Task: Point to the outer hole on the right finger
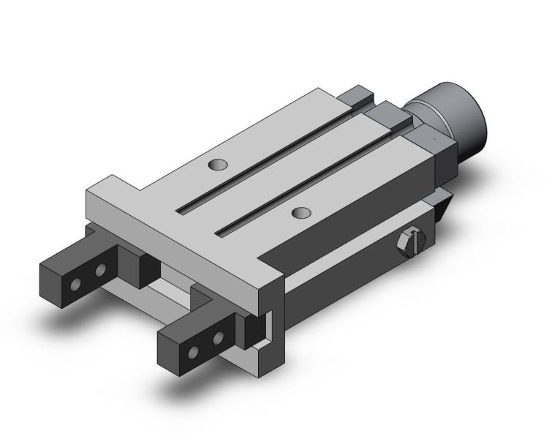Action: point(194,353)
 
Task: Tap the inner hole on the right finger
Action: point(217,339)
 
